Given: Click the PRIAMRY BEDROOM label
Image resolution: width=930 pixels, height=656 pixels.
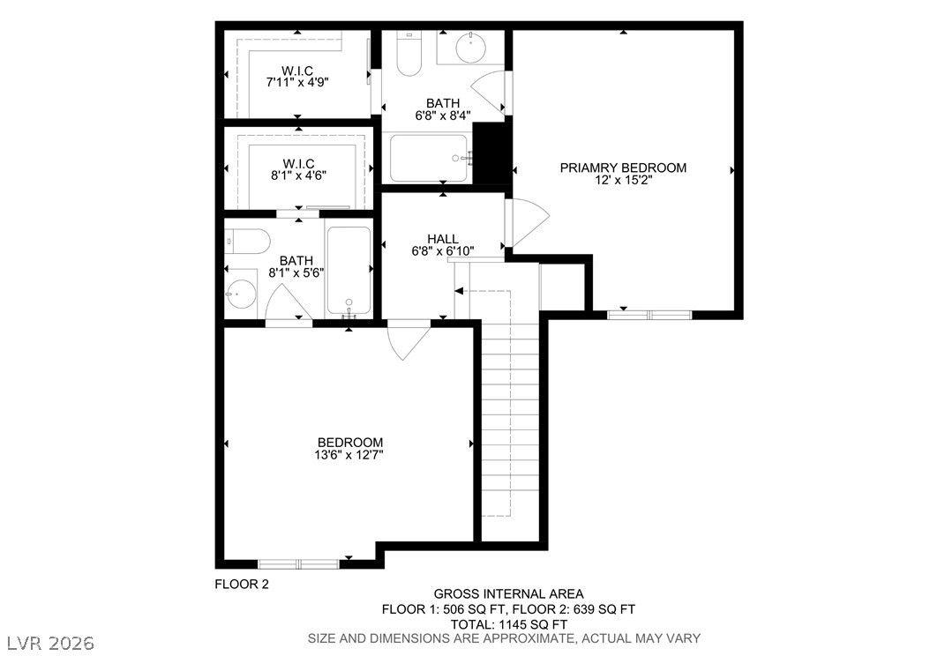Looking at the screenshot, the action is (x=623, y=168).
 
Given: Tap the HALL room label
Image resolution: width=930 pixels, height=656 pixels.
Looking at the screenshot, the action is (x=443, y=239).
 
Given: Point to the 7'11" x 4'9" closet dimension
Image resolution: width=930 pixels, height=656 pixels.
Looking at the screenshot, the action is (x=297, y=82).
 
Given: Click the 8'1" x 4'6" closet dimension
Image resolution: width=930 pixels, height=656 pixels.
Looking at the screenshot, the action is (x=298, y=175).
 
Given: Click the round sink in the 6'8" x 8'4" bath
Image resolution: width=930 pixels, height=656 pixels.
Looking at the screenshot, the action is (x=471, y=47).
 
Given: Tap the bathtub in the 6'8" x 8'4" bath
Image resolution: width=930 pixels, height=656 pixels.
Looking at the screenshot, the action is (x=429, y=158).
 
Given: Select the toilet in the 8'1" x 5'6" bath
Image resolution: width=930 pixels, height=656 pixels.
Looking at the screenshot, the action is (x=248, y=242).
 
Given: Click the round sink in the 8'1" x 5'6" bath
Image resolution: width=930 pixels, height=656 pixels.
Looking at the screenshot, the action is (x=240, y=294).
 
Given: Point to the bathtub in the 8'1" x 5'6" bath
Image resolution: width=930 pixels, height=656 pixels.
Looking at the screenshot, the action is (x=349, y=272).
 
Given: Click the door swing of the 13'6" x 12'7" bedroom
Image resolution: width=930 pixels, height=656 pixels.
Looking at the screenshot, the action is (x=408, y=340).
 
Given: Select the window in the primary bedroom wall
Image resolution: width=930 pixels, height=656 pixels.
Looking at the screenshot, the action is (x=649, y=315).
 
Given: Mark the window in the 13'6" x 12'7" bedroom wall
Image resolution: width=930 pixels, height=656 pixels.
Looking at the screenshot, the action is (x=298, y=563).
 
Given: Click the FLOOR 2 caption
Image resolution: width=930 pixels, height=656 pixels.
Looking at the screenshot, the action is (x=242, y=585).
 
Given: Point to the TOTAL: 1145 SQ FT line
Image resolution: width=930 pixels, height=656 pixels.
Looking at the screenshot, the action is (x=508, y=624).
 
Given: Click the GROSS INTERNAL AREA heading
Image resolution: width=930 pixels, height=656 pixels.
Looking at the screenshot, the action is (x=508, y=593).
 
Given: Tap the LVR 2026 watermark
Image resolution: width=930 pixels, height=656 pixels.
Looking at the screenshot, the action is (x=51, y=643).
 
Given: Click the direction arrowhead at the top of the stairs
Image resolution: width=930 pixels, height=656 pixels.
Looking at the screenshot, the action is (x=459, y=291).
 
